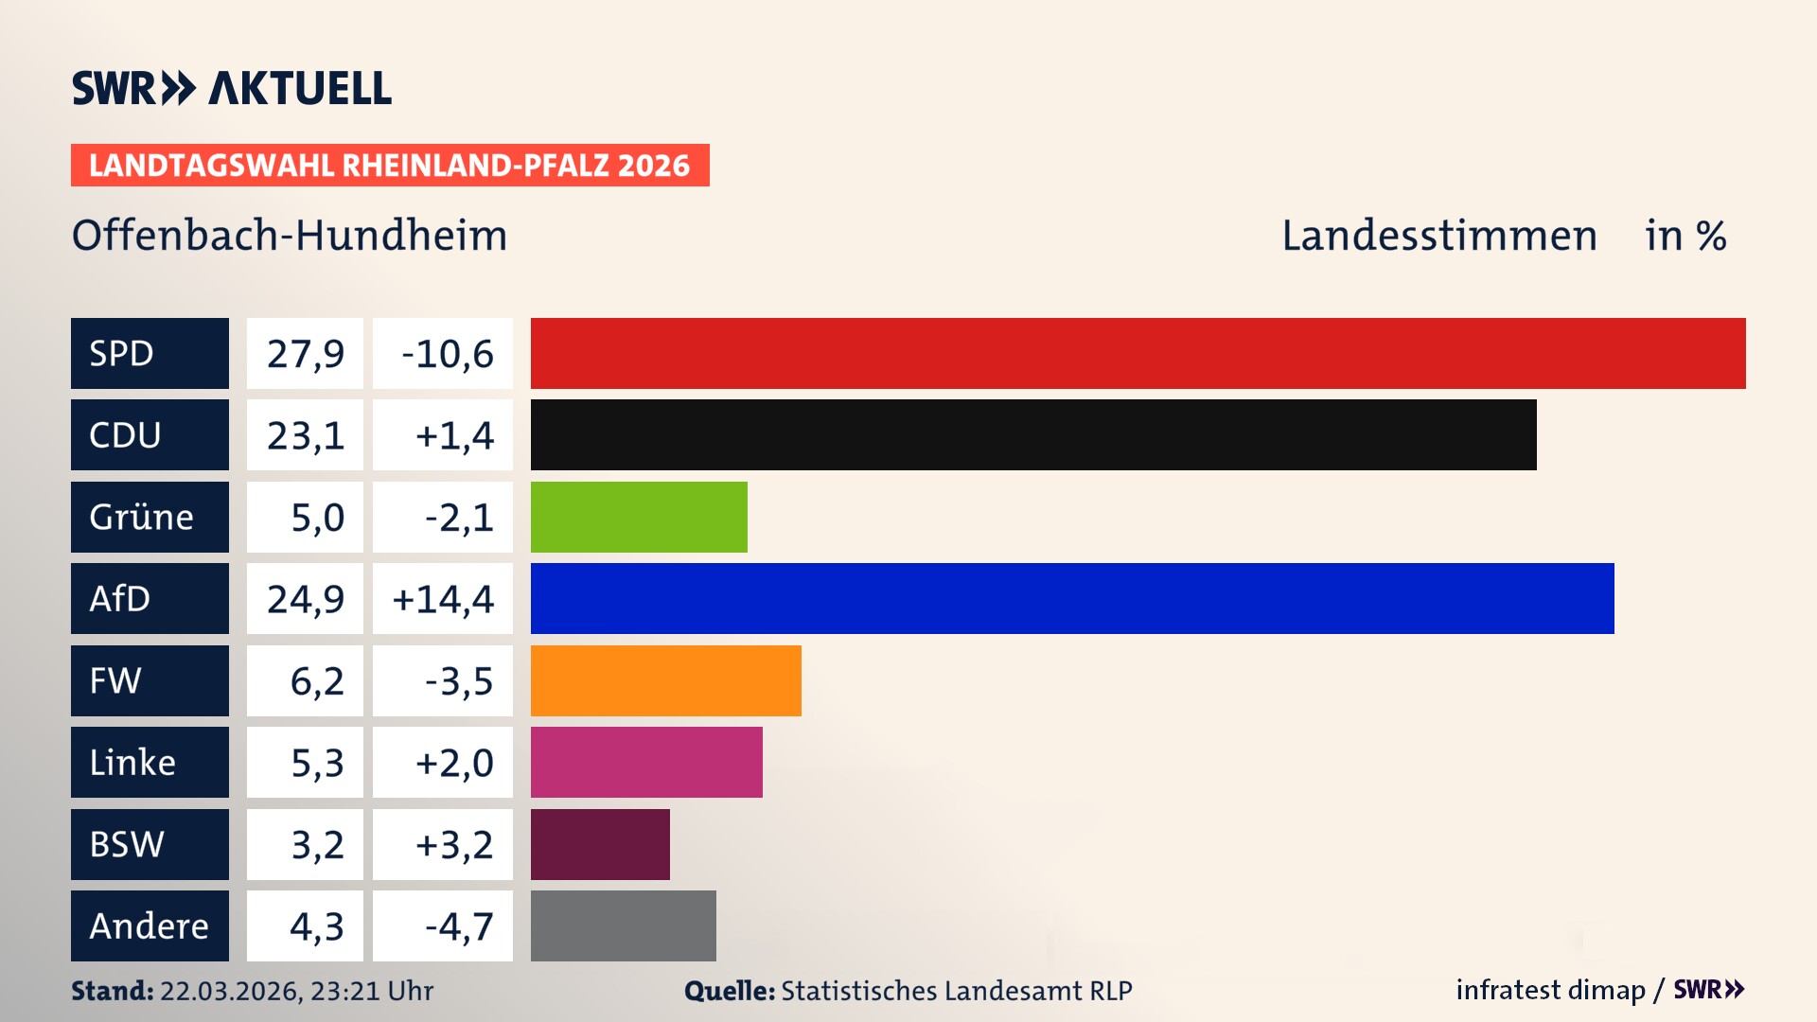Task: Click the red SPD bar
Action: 1138,353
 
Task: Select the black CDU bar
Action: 1033,434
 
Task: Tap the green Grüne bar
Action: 639,517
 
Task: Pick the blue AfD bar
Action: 1072,598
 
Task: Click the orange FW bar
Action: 665,680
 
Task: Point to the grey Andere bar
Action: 623,925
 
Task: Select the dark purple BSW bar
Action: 600,844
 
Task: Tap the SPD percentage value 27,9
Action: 305,354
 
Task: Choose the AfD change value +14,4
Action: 443,599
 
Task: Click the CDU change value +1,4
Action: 453,435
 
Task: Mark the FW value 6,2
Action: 316,681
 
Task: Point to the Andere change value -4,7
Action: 458,926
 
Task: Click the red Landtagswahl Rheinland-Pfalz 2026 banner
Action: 390,166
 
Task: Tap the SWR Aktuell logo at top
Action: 232,88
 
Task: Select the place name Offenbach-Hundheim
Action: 290,236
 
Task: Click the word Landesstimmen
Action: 1438,236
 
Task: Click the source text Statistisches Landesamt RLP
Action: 956,991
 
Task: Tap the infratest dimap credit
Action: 1549,990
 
